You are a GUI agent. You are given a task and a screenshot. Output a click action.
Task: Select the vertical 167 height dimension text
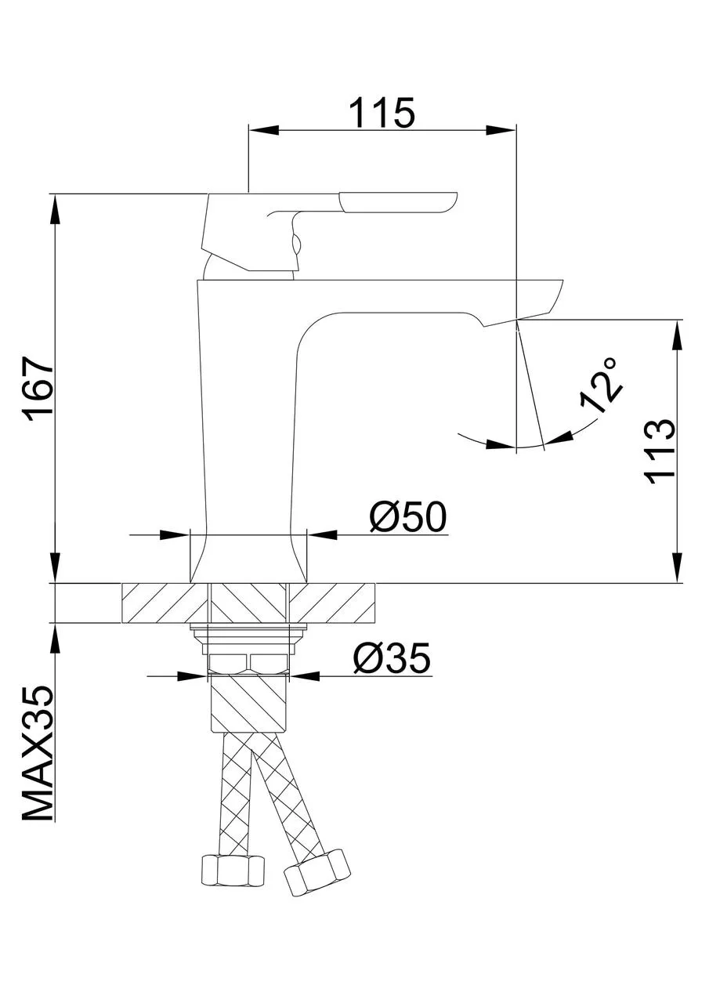(39, 390)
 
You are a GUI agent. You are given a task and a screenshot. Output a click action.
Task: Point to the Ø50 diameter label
(407, 517)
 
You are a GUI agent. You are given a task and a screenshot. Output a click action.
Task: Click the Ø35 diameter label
(392, 658)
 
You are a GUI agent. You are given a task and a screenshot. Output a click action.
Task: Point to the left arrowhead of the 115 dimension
(262, 130)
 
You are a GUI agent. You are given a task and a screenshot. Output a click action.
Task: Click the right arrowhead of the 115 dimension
(502, 130)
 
